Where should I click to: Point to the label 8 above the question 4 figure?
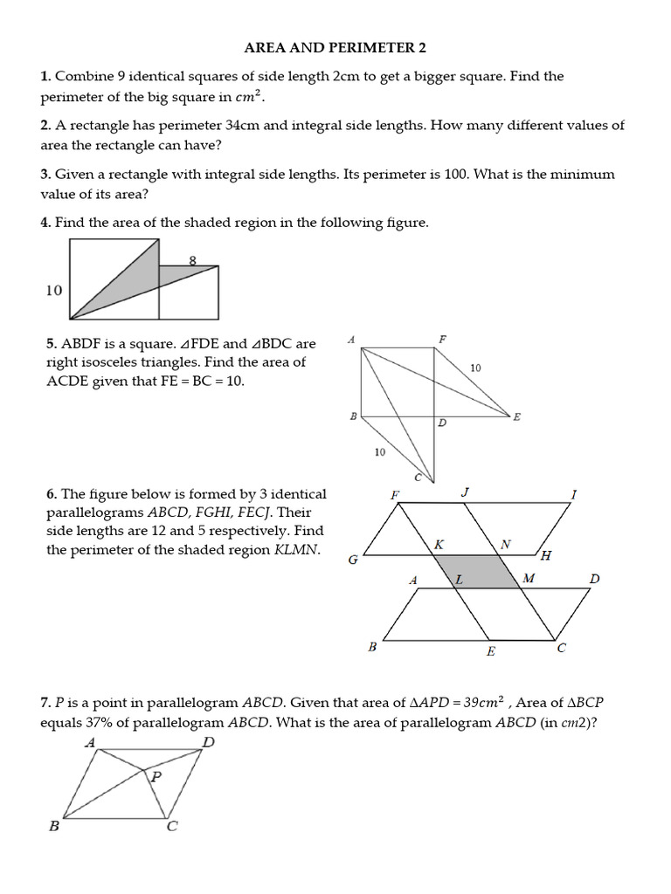point(192,258)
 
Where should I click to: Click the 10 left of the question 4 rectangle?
point(54,290)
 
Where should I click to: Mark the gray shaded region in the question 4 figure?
point(131,279)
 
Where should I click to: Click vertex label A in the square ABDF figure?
point(350,339)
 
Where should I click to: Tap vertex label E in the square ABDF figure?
point(516,417)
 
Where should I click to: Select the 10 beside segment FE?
point(475,368)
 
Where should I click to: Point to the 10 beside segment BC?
point(379,452)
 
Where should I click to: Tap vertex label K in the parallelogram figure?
point(439,544)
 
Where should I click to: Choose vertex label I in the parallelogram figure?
point(573,494)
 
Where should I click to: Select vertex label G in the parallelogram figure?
point(353,560)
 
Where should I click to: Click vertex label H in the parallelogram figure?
point(546,555)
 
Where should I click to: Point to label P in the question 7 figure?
point(156,775)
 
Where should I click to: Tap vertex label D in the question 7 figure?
point(208,743)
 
